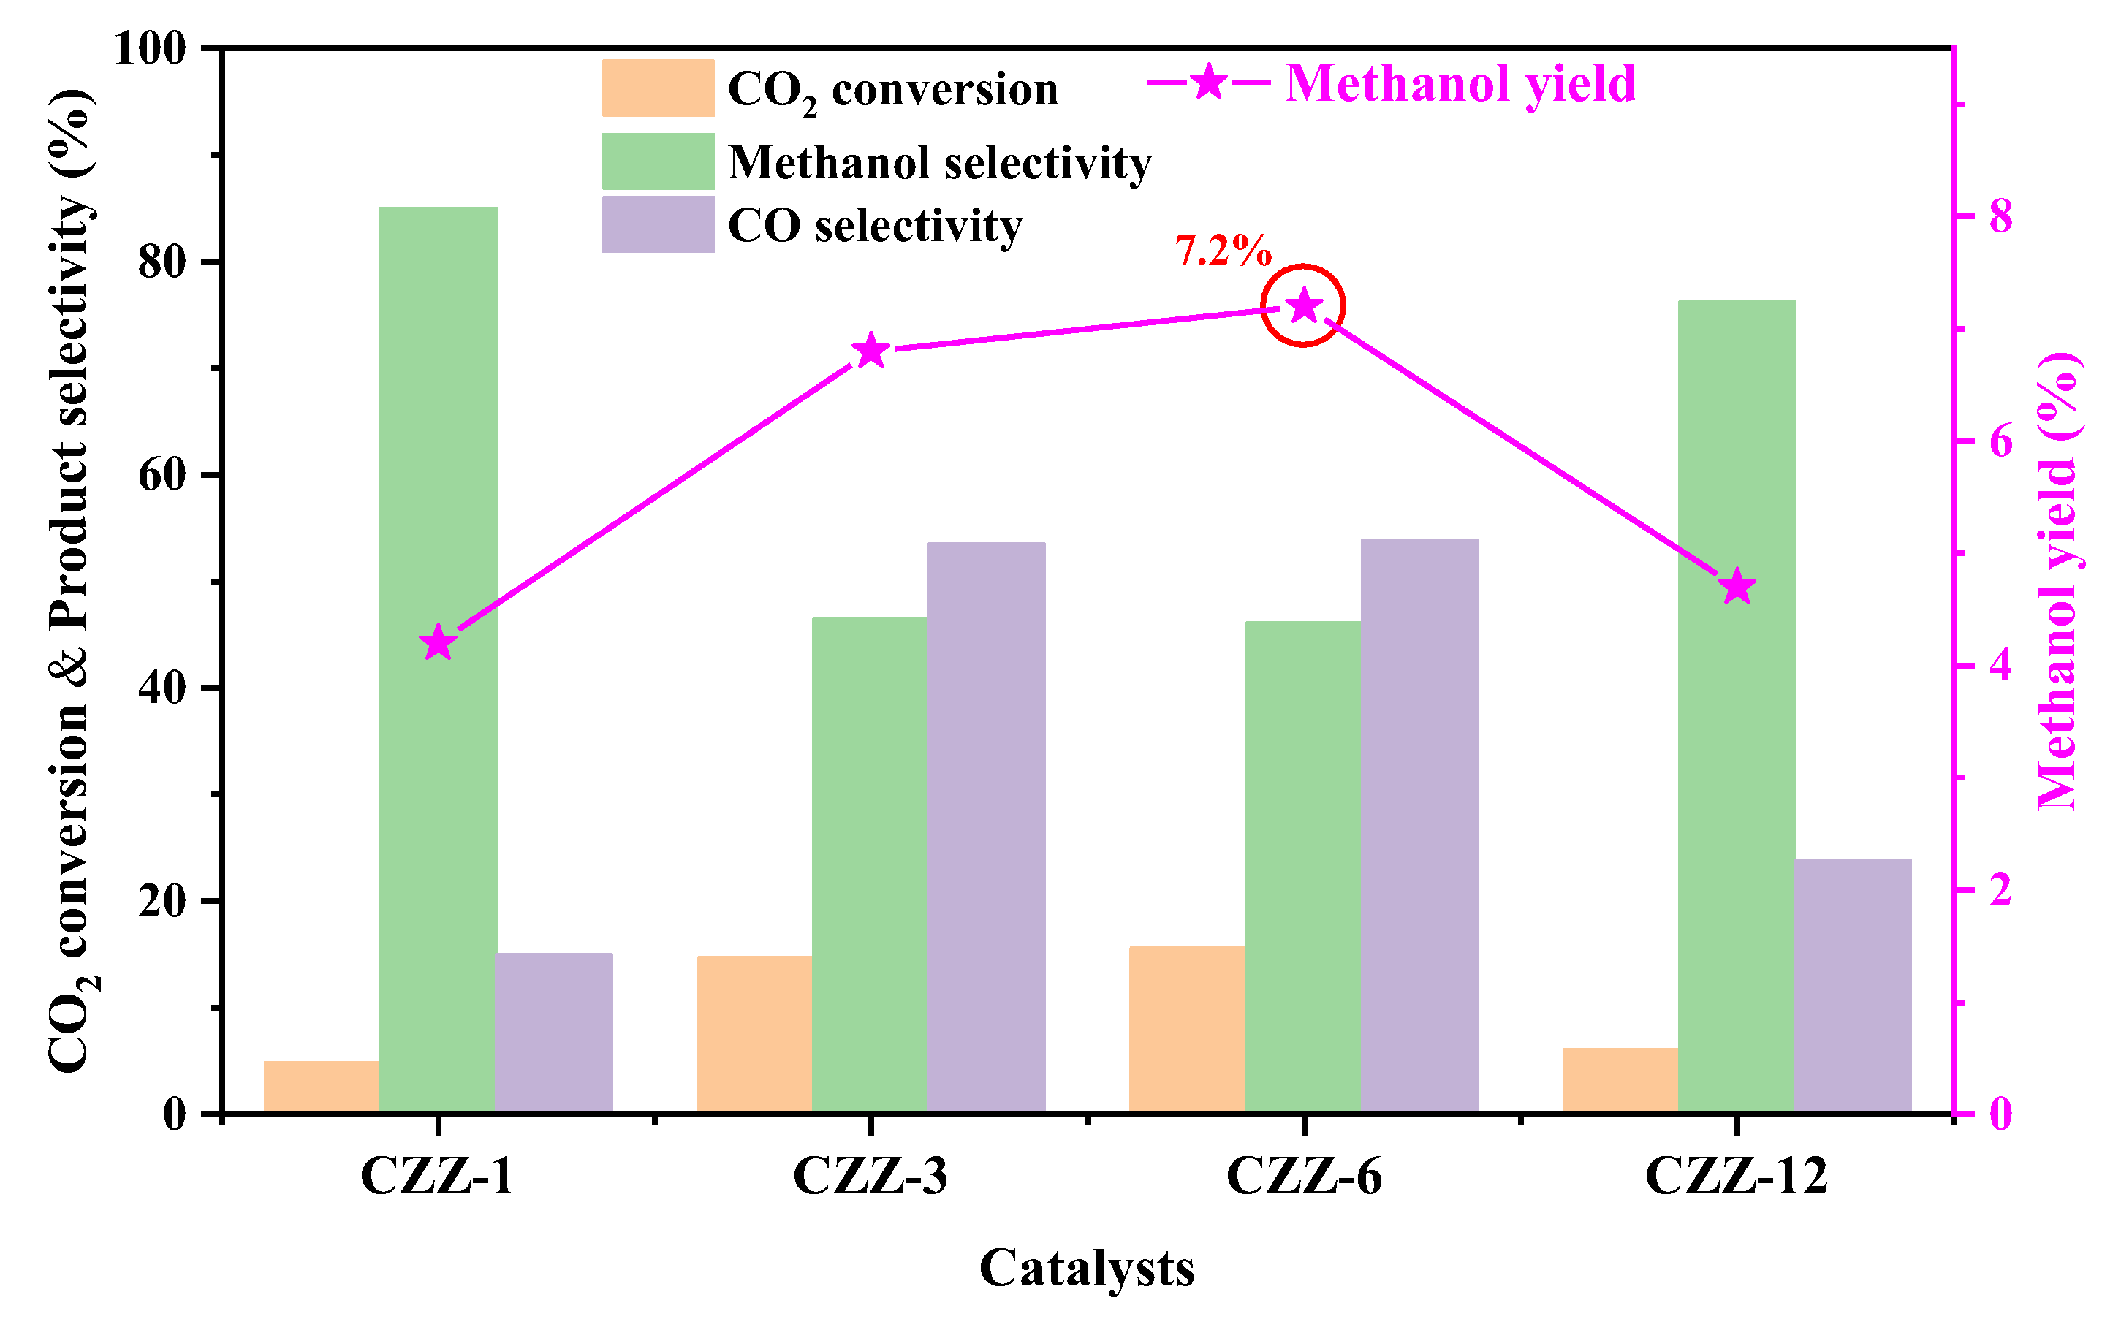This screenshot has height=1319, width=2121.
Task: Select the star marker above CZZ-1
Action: pyautogui.click(x=438, y=644)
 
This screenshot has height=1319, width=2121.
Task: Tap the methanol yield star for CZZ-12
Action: pyautogui.click(x=1737, y=587)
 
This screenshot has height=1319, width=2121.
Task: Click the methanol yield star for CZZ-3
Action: pyautogui.click(x=870, y=351)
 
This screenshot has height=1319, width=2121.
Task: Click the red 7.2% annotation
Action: pyautogui.click(x=1223, y=251)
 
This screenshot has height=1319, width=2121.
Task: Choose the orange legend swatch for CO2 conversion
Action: pyautogui.click(x=658, y=88)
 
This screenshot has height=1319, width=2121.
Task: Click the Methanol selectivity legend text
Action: pyautogui.click(x=940, y=162)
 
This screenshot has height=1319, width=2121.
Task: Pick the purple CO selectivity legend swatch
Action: pyautogui.click(x=658, y=224)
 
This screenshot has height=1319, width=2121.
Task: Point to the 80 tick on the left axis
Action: pyautogui.click(x=163, y=262)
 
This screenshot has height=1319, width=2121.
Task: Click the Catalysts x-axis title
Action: pyautogui.click(x=1086, y=1268)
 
